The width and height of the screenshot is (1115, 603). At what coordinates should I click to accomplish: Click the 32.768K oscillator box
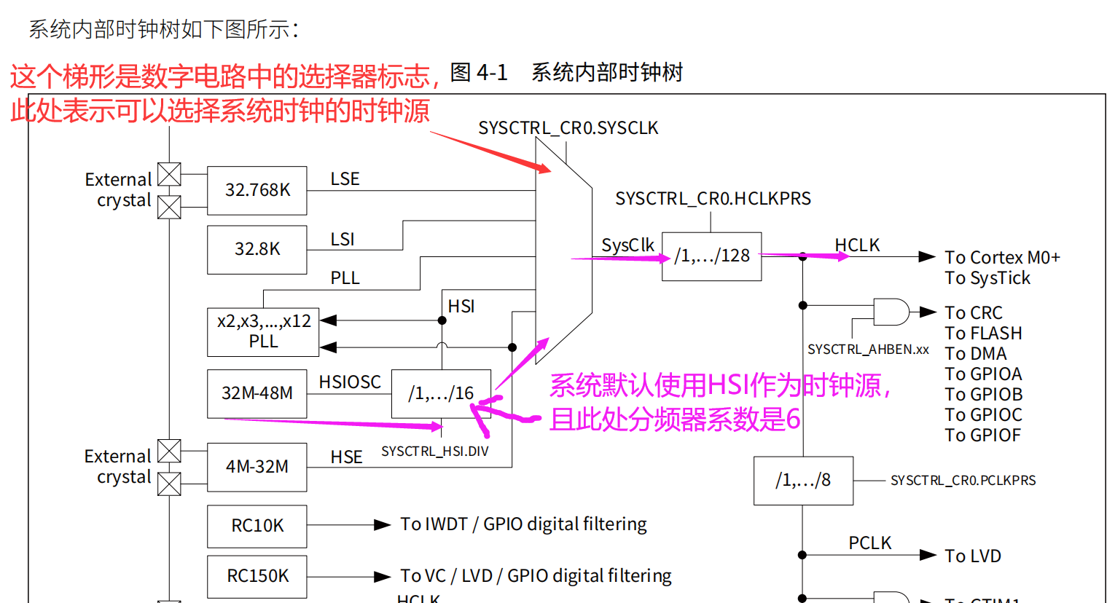click(x=257, y=190)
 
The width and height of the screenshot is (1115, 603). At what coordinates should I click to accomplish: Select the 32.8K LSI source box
click(x=257, y=249)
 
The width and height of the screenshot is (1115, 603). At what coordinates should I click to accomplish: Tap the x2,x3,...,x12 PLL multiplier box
click(x=263, y=331)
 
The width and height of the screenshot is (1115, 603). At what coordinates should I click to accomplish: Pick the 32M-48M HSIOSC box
click(x=257, y=393)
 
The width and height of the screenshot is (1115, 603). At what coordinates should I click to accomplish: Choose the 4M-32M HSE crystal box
click(x=257, y=467)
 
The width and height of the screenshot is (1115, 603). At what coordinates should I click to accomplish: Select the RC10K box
click(x=257, y=526)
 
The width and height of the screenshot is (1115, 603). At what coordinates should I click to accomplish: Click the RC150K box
click(x=257, y=576)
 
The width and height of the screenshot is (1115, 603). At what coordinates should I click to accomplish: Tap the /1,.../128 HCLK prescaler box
click(x=711, y=256)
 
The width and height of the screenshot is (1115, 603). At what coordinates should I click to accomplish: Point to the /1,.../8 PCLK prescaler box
click(x=803, y=481)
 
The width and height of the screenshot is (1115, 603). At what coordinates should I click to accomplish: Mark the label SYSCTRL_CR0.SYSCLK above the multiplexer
click(x=568, y=128)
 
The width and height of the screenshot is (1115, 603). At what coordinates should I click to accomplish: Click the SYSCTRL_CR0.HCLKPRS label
click(x=713, y=199)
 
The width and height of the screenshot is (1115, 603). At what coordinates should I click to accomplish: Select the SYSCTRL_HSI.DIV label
click(x=435, y=452)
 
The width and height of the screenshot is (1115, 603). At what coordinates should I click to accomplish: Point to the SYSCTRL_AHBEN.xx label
click(x=868, y=350)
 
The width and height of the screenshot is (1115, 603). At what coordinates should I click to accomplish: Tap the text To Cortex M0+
click(x=1002, y=258)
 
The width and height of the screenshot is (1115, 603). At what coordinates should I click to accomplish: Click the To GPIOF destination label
click(x=982, y=435)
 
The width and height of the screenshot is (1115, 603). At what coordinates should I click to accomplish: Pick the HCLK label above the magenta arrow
click(x=857, y=245)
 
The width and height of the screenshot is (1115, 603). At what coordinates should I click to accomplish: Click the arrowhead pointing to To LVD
click(x=927, y=556)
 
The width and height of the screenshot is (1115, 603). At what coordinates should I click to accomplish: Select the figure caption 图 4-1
click(x=479, y=73)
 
